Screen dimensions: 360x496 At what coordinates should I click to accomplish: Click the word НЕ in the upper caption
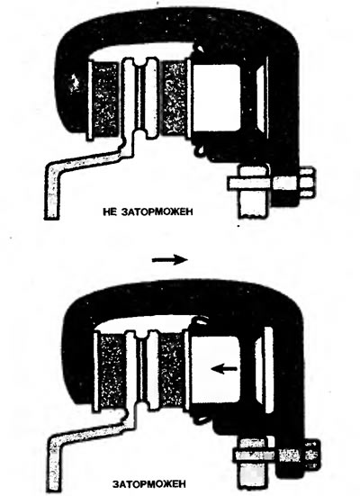pos(110,212)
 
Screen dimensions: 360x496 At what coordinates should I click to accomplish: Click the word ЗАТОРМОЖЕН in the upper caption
pos(157,212)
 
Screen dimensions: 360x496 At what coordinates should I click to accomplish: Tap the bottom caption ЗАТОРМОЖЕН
pos(149,484)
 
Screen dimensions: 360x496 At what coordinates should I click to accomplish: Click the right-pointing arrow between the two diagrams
pos(170,260)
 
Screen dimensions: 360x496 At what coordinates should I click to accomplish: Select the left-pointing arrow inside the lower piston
pos(224,368)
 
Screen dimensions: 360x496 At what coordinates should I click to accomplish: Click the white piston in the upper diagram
pos(216,97)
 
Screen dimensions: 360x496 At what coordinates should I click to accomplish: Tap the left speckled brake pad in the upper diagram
pos(105,99)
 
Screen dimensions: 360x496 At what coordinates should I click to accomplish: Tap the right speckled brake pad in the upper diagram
pos(175,99)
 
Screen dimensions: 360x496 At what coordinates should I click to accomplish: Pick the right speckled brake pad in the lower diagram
pos(171,370)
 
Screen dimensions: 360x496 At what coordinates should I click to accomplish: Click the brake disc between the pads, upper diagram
pos(140,98)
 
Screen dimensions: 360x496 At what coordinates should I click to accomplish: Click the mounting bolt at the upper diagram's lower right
pos(271,184)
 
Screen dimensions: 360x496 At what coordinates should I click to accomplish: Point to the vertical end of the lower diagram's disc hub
pos(53,464)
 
